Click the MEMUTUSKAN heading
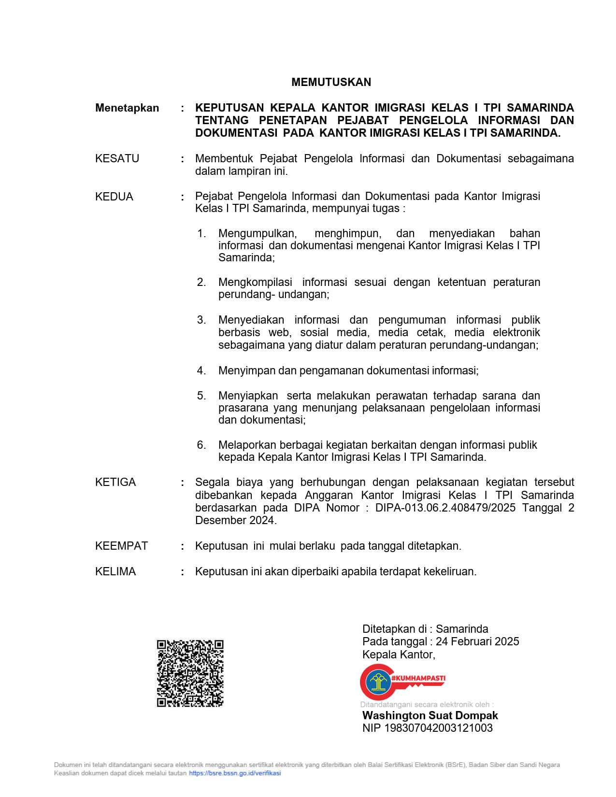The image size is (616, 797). [331, 82]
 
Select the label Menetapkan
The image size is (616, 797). [127, 108]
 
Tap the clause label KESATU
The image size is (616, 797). [117, 158]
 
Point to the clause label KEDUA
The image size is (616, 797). [114, 197]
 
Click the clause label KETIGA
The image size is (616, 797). [115, 482]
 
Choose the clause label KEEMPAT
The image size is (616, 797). [121, 546]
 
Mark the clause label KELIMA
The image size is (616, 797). [115, 571]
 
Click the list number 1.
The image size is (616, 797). [201, 234]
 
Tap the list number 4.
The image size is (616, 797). [201, 370]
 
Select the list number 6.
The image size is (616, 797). [201, 445]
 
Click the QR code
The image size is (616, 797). [190, 673]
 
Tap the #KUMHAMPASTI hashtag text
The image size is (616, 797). [418, 678]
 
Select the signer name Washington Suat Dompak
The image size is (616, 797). [430, 715]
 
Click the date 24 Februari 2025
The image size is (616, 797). [477, 641]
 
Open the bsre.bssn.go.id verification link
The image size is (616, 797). [235, 773]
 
